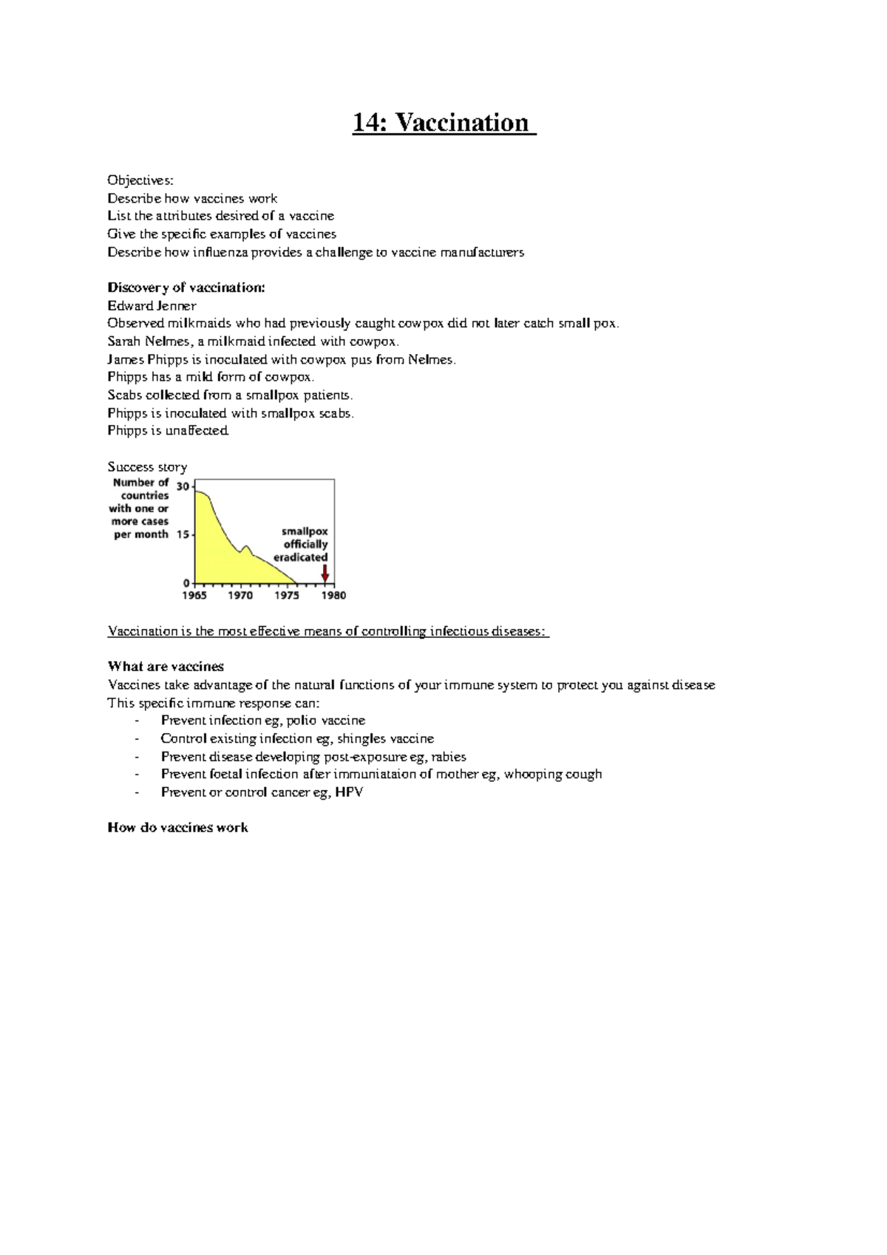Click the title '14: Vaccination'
click(x=443, y=123)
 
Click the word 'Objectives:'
click(x=140, y=180)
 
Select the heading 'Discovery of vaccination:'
click(x=186, y=288)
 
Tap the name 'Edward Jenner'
click(x=152, y=305)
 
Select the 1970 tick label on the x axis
click(x=240, y=596)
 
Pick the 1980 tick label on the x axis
click(x=333, y=596)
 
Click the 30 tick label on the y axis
click(x=183, y=486)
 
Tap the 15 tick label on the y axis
click(x=183, y=534)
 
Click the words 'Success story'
click(x=147, y=467)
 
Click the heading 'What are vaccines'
click(x=166, y=667)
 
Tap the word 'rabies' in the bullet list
click(x=448, y=757)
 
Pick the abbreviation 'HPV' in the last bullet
click(x=349, y=792)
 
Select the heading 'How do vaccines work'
click(x=177, y=828)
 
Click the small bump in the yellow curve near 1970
click(x=246, y=548)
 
